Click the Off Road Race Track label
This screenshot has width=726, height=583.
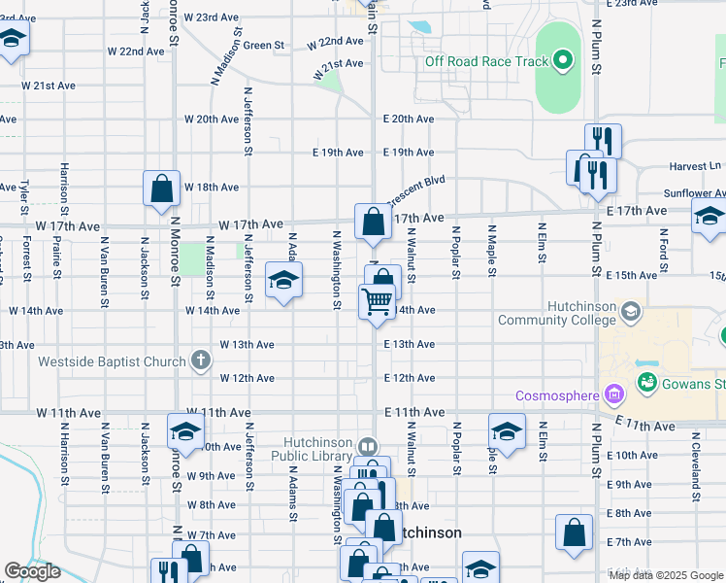tap(486, 62)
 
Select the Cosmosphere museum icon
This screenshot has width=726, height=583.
tap(612, 395)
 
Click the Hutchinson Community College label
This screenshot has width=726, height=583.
tap(556, 313)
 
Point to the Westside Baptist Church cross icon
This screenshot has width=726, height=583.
tap(201, 361)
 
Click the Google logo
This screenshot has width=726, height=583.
tap(32, 571)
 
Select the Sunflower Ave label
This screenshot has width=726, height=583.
tap(694, 193)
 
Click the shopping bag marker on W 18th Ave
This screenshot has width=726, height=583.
tap(162, 189)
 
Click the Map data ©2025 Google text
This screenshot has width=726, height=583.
tap(667, 575)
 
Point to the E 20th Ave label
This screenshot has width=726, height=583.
tap(408, 119)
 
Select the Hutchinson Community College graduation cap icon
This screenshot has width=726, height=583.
tap(632, 312)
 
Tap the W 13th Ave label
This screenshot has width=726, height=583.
tap(247, 344)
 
